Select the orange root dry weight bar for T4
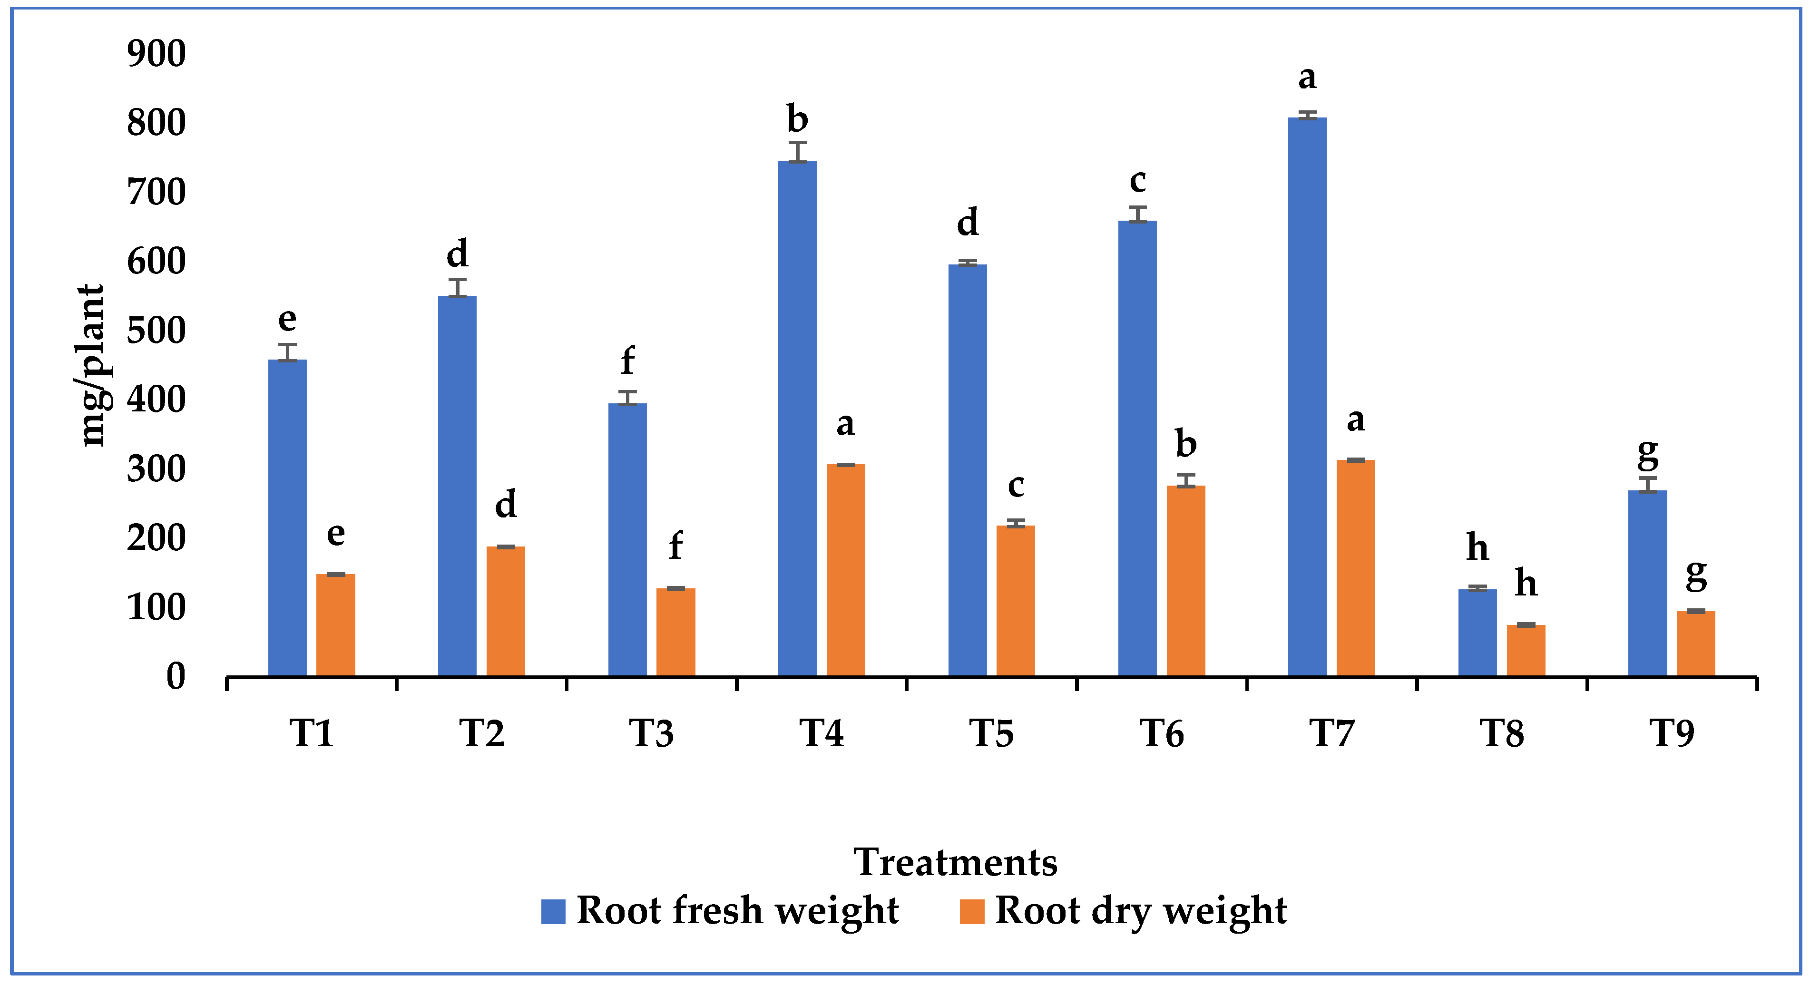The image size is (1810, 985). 845,570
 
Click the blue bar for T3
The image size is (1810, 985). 627,539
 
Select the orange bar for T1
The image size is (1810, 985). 335,625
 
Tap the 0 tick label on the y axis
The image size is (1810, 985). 176,677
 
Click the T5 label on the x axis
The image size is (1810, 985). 991,733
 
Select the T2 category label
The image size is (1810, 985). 482,733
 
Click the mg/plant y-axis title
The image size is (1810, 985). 91,365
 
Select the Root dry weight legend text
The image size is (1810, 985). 1140,911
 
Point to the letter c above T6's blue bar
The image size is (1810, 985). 1137,181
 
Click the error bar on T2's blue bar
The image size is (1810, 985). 458,287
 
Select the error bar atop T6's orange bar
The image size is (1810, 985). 1186,480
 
